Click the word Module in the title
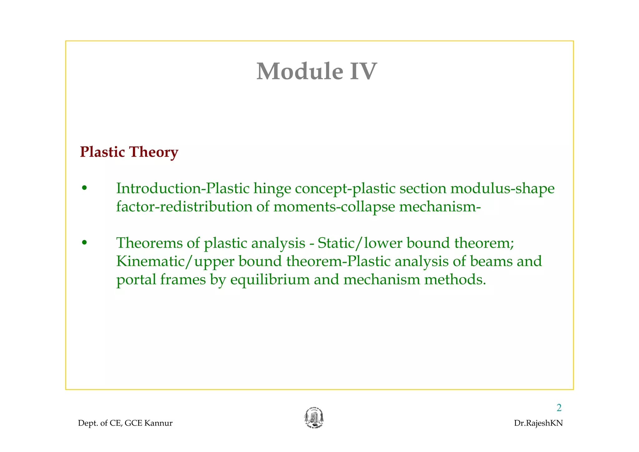pos(300,71)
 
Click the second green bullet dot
pos(84,243)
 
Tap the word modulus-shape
pos(503,189)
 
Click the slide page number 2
pos(559,408)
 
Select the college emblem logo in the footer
pos(314,418)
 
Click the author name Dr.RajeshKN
pos(538,423)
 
